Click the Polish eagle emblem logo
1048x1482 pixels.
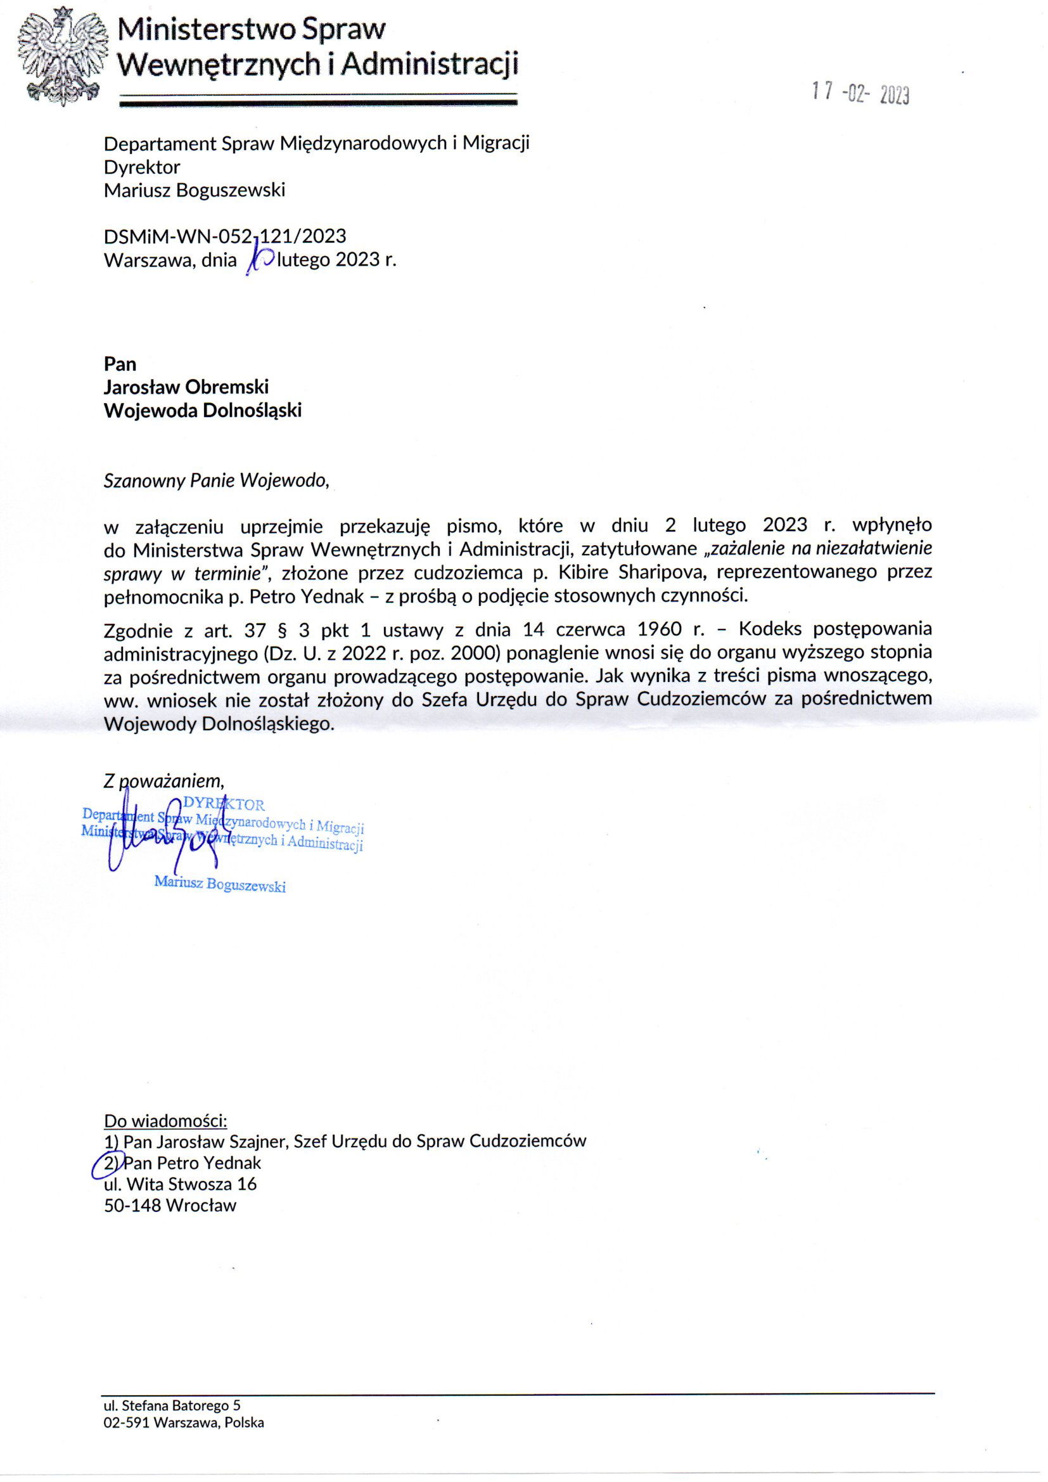pyautogui.click(x=61, y=57)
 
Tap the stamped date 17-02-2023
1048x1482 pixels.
pyautogui.click(x=860, y=94)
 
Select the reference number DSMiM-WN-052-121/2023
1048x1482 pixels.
pyautogui.click(x=224, y=236)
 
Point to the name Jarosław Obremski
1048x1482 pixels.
pyautogui.click(x=186, y=387)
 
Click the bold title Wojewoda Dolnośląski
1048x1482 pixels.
pyautogui.click(x=203, y=411)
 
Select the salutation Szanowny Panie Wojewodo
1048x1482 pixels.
pyautogui.click(x=216, y=481)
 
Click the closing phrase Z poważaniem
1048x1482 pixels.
pyautogui.click(x=164, y=781)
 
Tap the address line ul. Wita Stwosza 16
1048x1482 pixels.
pyautogui.click(x=180, y=1184)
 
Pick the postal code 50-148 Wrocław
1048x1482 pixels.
pyautogui.click(x=170, y=1205)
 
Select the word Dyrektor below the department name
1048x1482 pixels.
pyautogui.click(x=142, y=167)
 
